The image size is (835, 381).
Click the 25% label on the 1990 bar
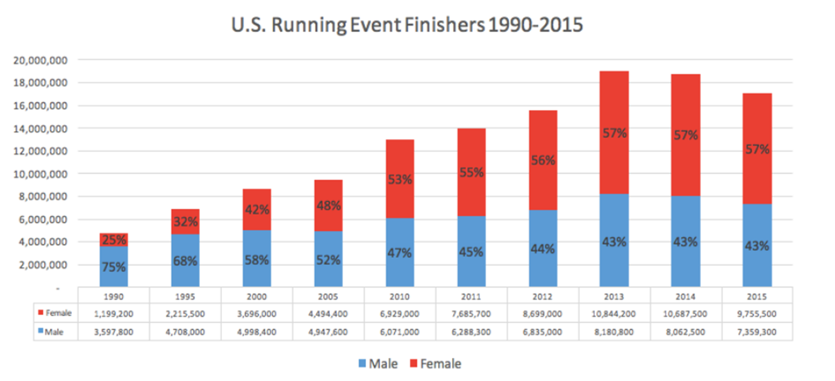coord(113,240)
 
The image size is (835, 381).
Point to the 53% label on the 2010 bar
coord(400,180)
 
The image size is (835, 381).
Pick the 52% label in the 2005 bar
coord(328,260)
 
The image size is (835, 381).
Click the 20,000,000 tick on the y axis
coord(44,60)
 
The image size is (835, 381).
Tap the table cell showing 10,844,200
coord(614,313)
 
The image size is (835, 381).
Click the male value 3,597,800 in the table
coord(113,332)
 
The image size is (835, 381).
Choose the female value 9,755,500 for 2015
coord(757,313)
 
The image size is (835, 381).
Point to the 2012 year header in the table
coord(543,296)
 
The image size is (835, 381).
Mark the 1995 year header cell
coord(185,296)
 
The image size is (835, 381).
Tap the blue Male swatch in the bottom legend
coord(363,364)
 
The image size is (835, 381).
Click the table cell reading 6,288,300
coord(471,332)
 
